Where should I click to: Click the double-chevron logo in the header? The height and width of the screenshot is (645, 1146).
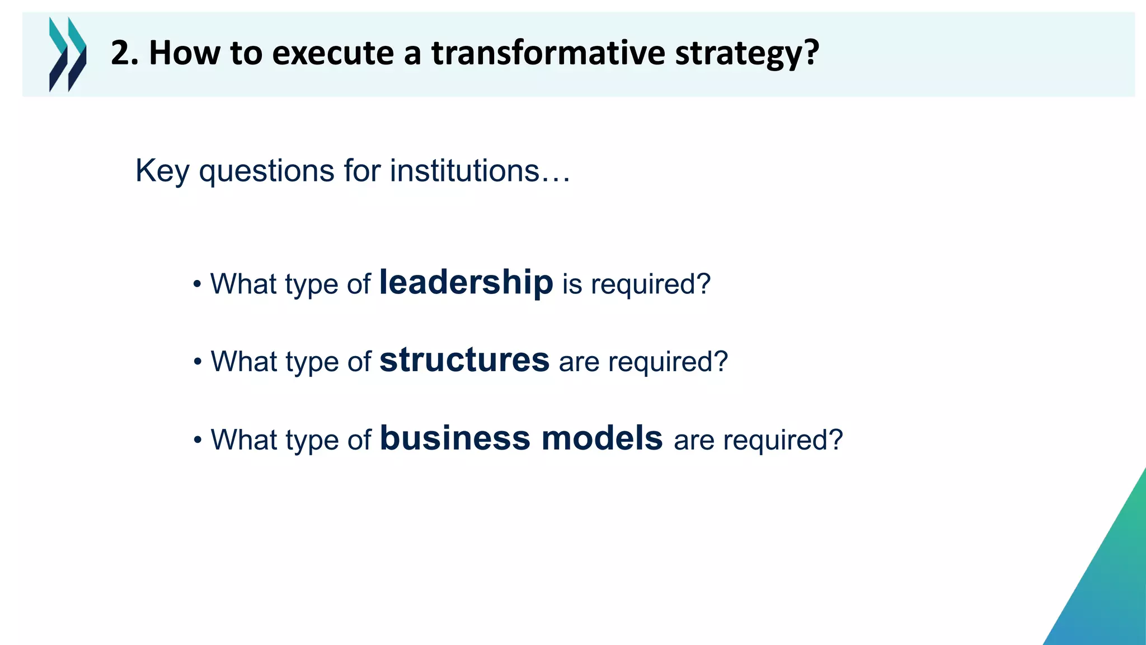coord(68,54)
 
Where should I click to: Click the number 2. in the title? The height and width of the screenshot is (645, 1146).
coord(124,53)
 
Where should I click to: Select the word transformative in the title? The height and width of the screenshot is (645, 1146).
coord(548,53)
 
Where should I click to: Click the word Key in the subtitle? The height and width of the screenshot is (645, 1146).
coord(162,171)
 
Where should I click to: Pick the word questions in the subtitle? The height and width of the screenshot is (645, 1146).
coord(266,171)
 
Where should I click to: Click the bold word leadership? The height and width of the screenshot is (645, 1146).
coord(466,282)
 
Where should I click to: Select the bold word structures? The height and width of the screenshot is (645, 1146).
coord(464,360)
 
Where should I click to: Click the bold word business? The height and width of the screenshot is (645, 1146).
coord(455,438)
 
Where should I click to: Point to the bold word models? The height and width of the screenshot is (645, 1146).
coord(602,438)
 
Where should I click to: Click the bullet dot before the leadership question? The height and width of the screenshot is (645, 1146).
coord(197,284)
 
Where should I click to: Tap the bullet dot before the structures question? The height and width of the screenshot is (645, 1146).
coord(197,362)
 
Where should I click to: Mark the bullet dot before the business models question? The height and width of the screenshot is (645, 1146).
coord(197,441)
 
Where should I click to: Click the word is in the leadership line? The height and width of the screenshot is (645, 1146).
coord(572,284)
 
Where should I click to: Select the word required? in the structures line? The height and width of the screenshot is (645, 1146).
coord(668,362)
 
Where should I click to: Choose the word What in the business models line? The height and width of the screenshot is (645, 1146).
coord(244,440)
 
